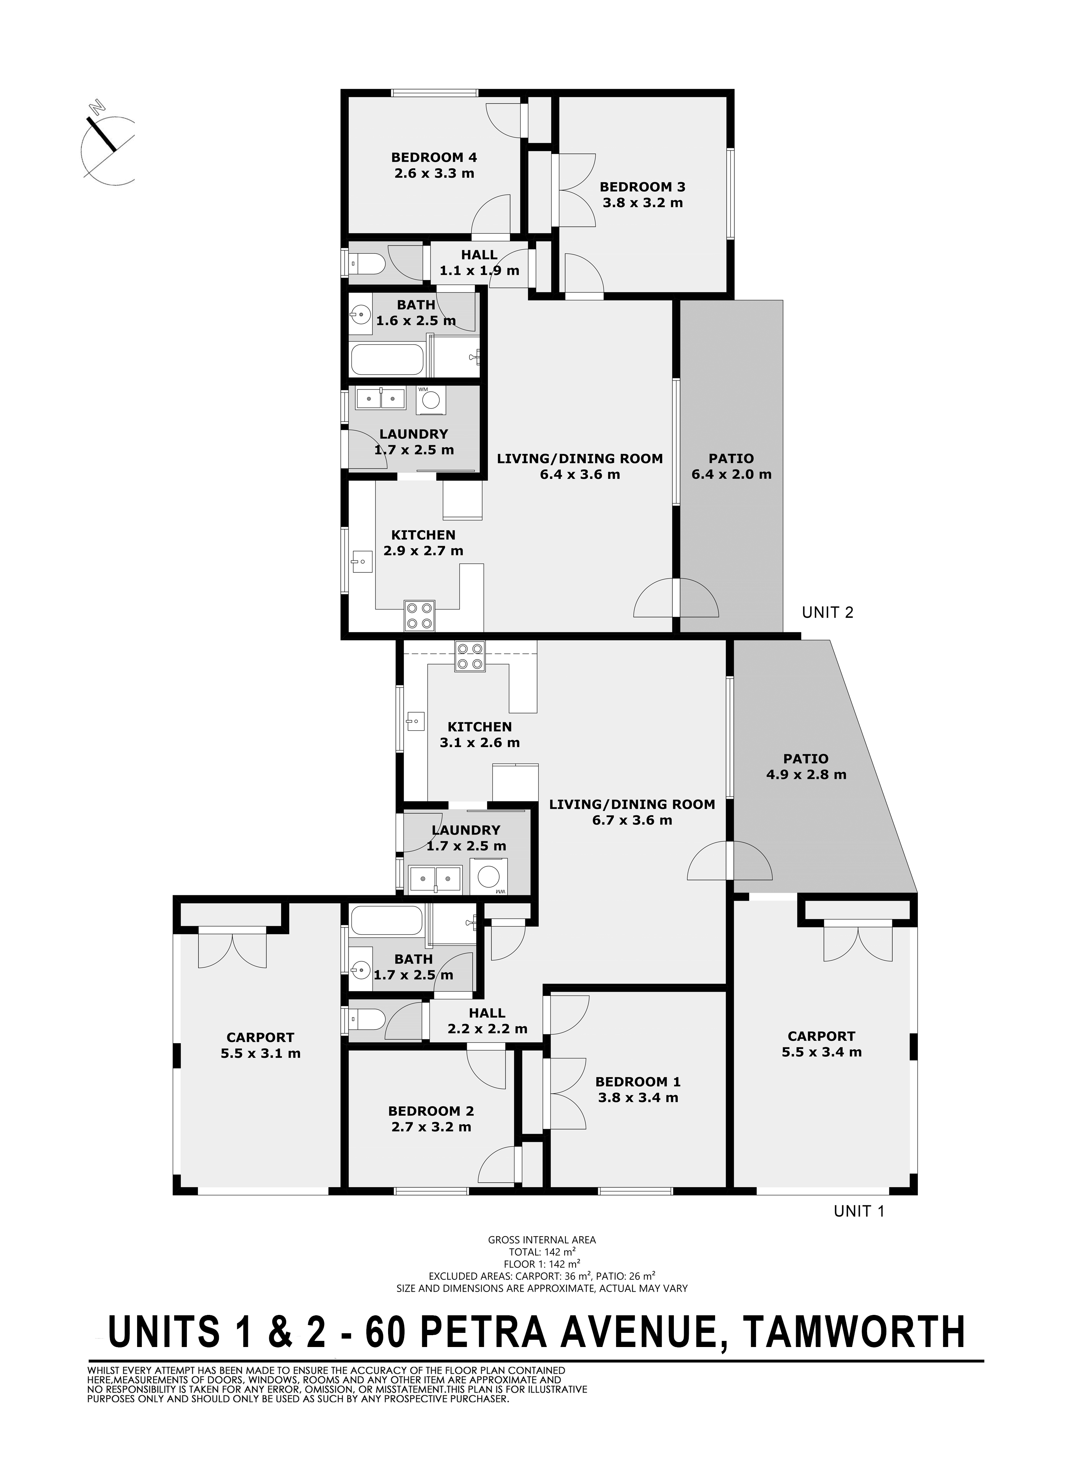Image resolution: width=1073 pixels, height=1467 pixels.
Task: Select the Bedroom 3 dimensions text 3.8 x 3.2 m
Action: click(x=643, y=203)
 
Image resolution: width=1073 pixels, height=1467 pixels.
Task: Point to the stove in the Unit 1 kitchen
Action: click(x=470, y=656)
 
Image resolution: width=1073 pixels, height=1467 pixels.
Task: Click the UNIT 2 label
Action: click(x=827, y=612)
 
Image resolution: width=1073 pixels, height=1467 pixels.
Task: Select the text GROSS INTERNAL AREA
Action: click(x=542, y=1240)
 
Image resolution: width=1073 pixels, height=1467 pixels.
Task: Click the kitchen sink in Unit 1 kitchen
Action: click(x=416, y=720)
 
